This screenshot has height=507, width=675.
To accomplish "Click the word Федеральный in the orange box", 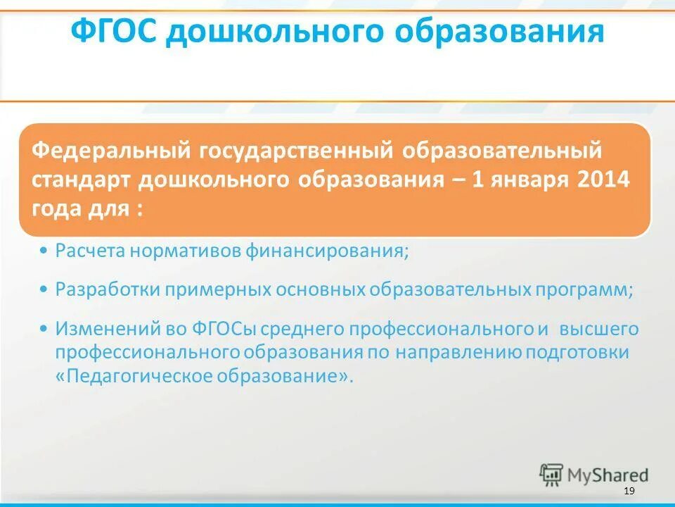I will coord(113,150).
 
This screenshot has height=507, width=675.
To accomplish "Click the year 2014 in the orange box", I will coord(603,179).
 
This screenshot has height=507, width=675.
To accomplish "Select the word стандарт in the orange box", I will coord(82,179).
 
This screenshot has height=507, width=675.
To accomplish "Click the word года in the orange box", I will coord(56,209).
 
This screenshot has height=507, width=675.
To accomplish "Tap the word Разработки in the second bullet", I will coord(101,289).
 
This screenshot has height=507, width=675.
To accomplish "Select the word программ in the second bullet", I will coord(593,289).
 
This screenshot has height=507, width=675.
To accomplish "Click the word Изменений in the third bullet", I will coord(99,328).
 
